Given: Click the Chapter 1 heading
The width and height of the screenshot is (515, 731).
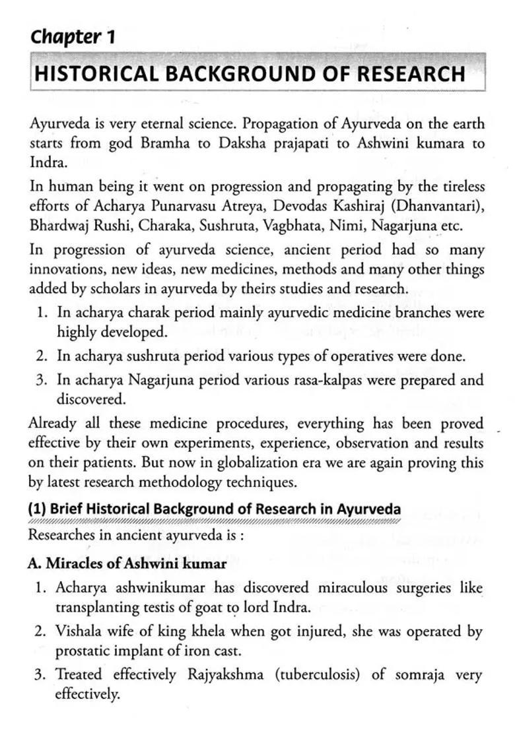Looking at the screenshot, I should [x=73, y=37].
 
